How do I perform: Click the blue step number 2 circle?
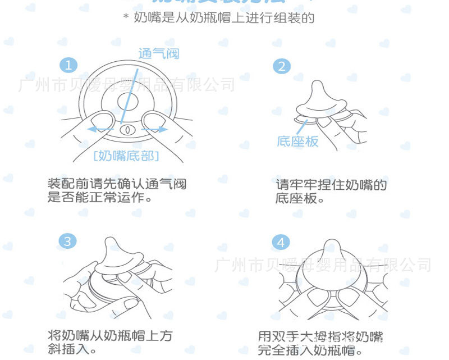[281, 66]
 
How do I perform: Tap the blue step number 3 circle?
[68, 241]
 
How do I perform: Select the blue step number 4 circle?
[281, 243]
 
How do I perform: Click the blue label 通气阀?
[159, 54]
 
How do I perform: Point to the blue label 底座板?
[297, 142]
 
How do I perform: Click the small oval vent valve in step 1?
[127, 129]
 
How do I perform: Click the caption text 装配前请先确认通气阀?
[116, 184]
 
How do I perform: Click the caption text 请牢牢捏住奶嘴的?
[331, 185]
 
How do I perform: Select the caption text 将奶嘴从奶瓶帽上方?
[110, 336]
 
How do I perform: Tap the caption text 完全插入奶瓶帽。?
[310, 351]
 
